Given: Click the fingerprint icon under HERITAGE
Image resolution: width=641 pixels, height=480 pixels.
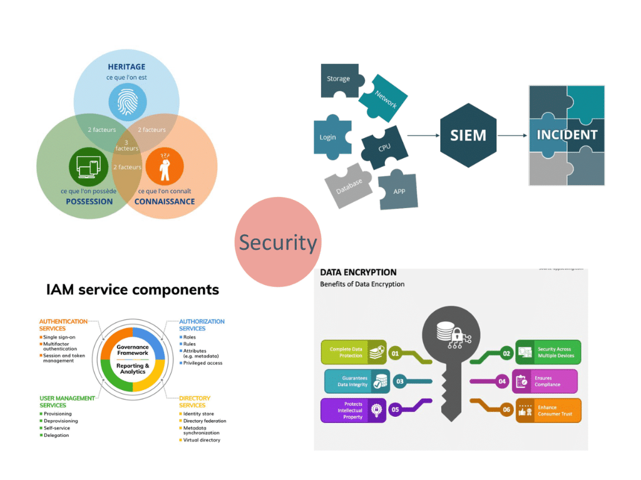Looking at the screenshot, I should tap(127, 102).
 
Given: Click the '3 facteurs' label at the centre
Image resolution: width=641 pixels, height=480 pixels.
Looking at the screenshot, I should tap(126, 145).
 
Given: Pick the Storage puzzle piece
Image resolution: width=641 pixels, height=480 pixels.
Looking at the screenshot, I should tap(339, 80).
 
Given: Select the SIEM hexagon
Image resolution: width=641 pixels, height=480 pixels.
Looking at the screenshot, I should tap(468, 135).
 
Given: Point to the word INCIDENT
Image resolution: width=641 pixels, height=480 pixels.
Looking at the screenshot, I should tap(567, 135).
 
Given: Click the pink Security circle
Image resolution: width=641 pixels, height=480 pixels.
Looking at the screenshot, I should tap(277, 242).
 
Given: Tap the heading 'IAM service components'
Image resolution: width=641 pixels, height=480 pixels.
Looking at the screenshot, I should tap(133, 289).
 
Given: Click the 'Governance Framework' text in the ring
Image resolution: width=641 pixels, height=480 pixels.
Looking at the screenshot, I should tap(133, 349).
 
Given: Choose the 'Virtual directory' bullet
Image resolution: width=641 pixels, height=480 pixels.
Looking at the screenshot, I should tap(201, 440).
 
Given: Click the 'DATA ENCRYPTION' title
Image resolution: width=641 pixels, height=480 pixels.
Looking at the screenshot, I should tap(358, 272).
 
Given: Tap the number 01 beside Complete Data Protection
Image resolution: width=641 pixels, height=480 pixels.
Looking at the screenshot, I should tap(395, 353).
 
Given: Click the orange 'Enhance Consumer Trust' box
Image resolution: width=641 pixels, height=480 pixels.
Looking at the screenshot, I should tap(548, 411).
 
